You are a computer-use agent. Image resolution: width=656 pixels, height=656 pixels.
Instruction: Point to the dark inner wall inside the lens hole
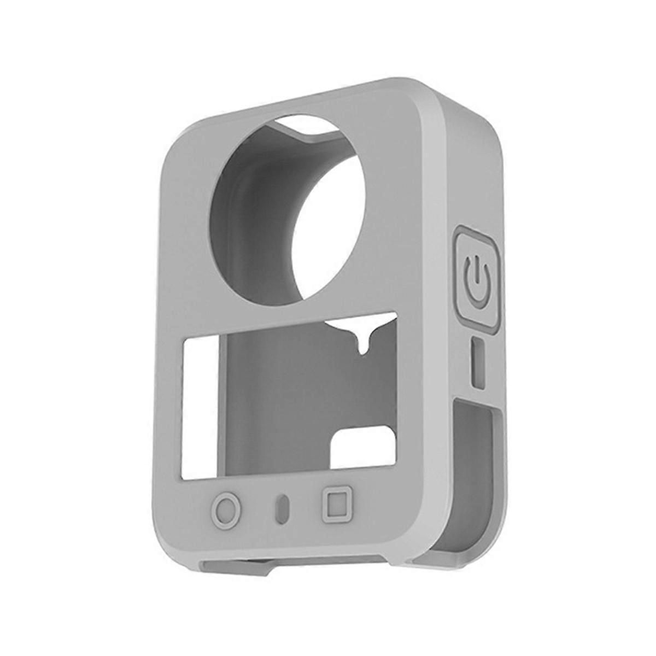click(246, 219)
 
